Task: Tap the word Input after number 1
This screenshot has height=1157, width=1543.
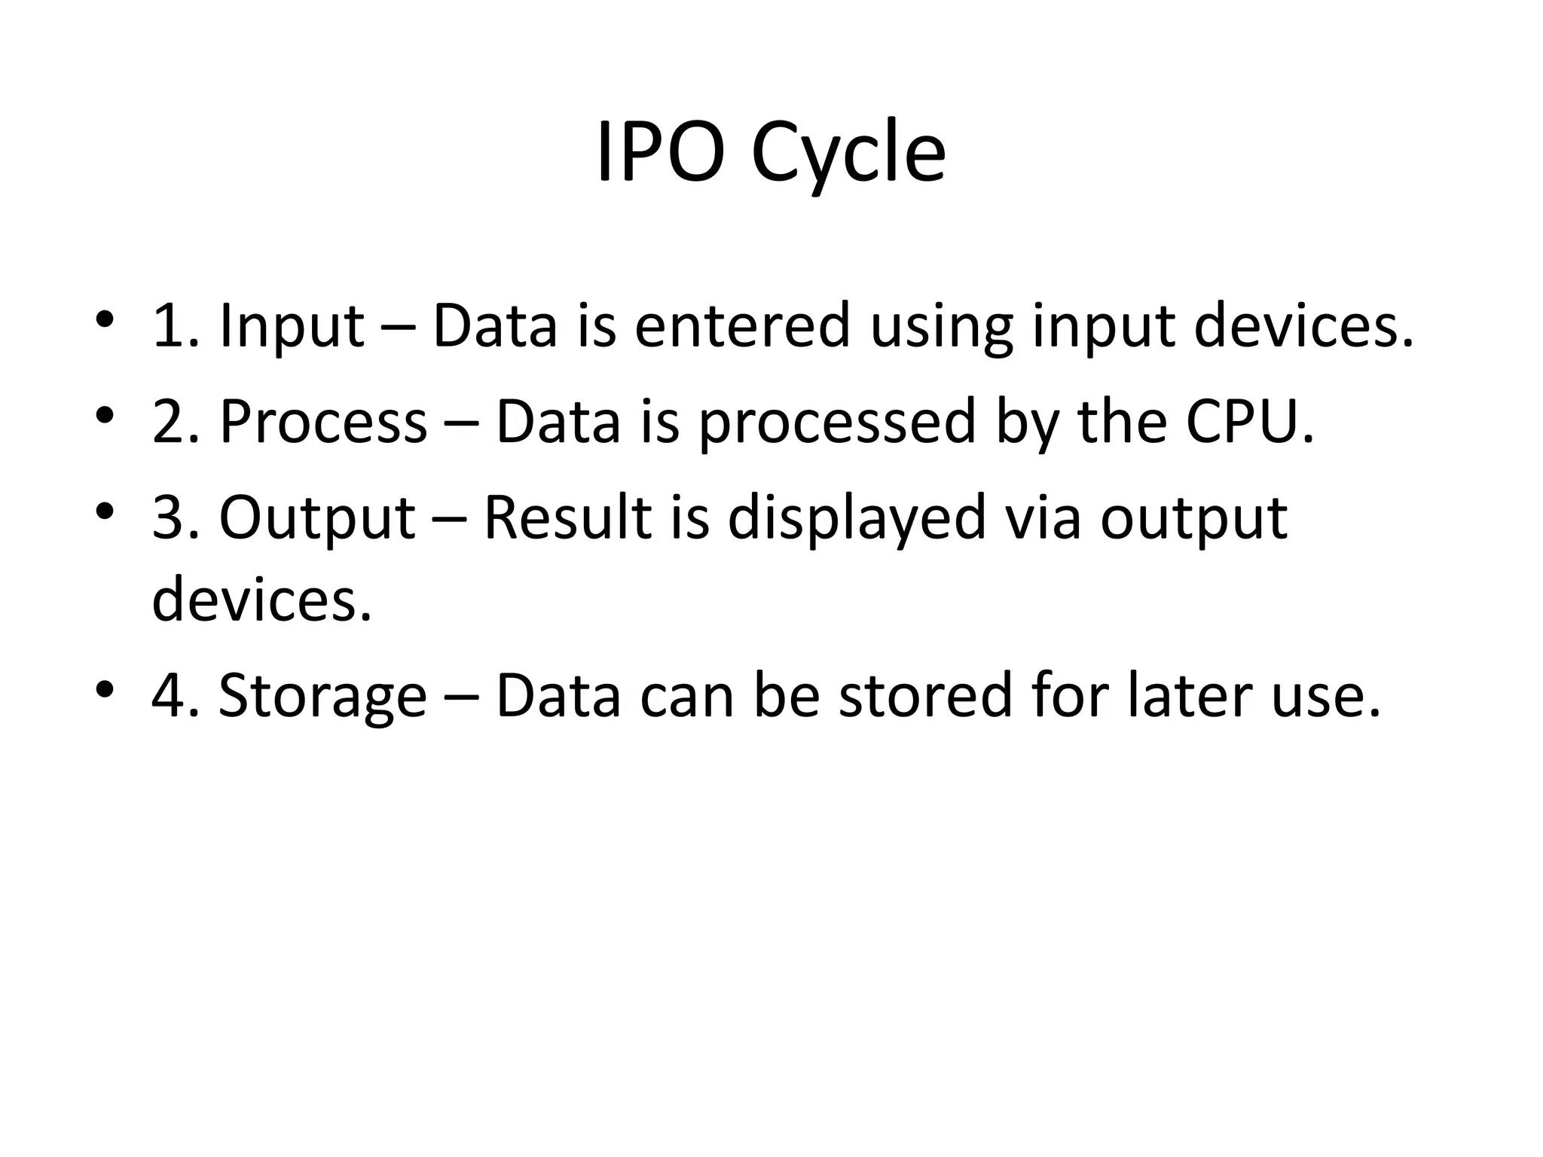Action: tap(292, 326)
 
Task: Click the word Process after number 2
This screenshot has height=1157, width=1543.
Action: tap(323, 421)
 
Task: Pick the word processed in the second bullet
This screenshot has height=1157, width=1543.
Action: tap(837, 423)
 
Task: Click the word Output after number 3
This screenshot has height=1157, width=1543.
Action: tap(317, 518)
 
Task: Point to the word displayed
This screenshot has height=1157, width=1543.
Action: tap(857, 518)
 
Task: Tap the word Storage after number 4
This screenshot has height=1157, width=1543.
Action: tap(322, 695)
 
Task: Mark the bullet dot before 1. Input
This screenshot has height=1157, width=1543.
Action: tap(105, 319)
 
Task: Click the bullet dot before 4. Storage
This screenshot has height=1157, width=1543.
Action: tap(105, 688)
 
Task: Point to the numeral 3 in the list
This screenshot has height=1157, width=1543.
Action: tap(167, 517)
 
